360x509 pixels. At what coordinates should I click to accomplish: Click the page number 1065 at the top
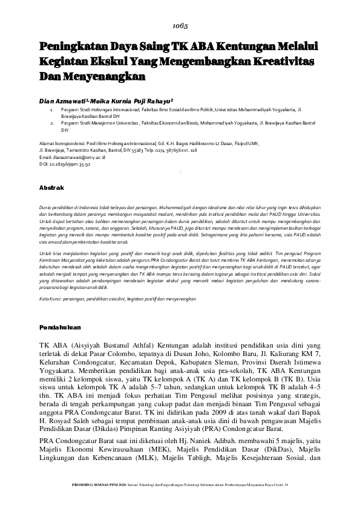[x=180, y=26]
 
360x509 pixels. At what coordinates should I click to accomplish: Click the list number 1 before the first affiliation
[x=51, y=112]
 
